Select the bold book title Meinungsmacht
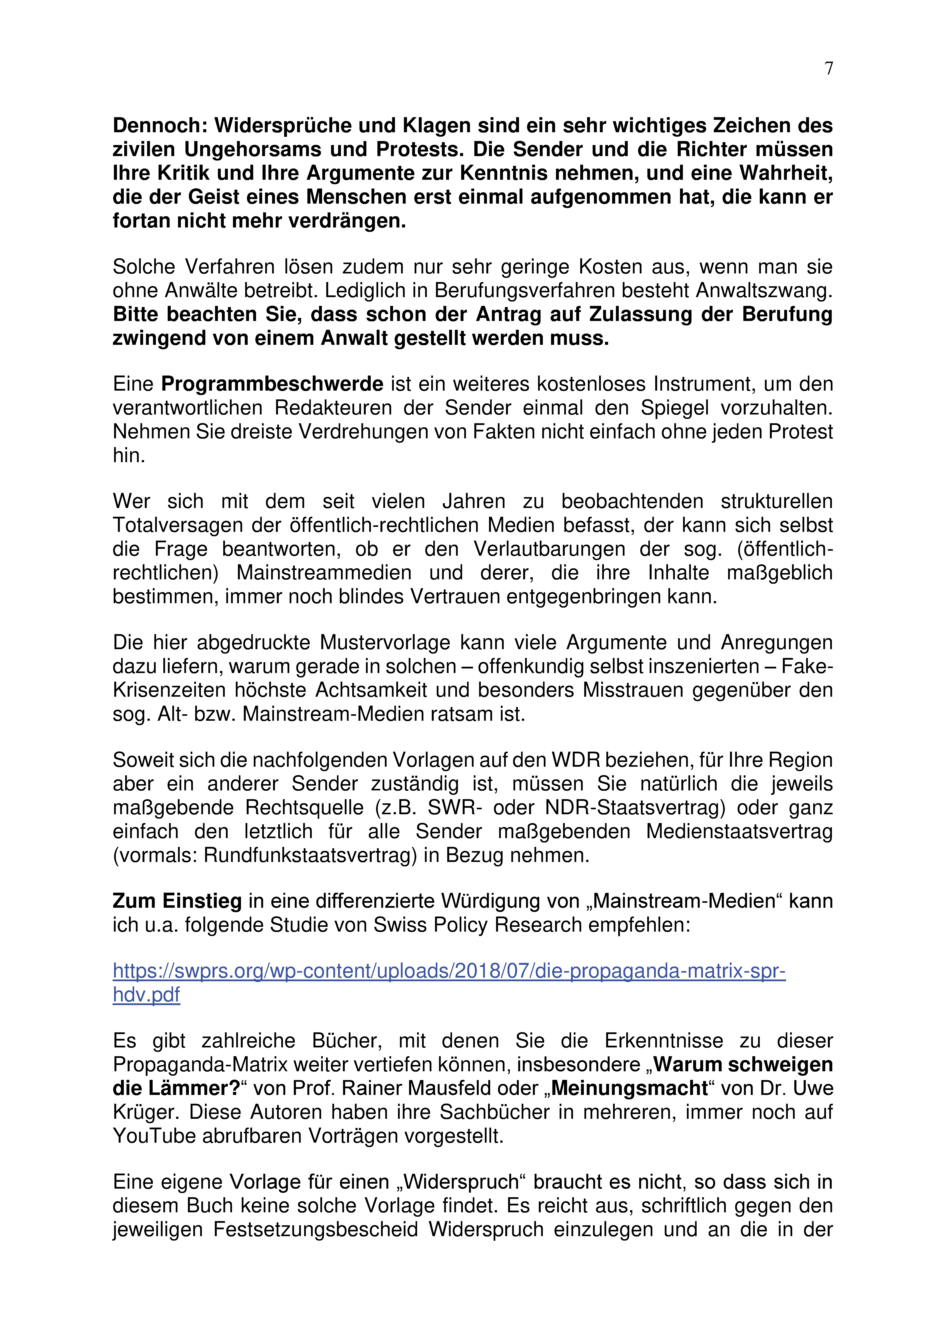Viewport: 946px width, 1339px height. [629, 1089]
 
